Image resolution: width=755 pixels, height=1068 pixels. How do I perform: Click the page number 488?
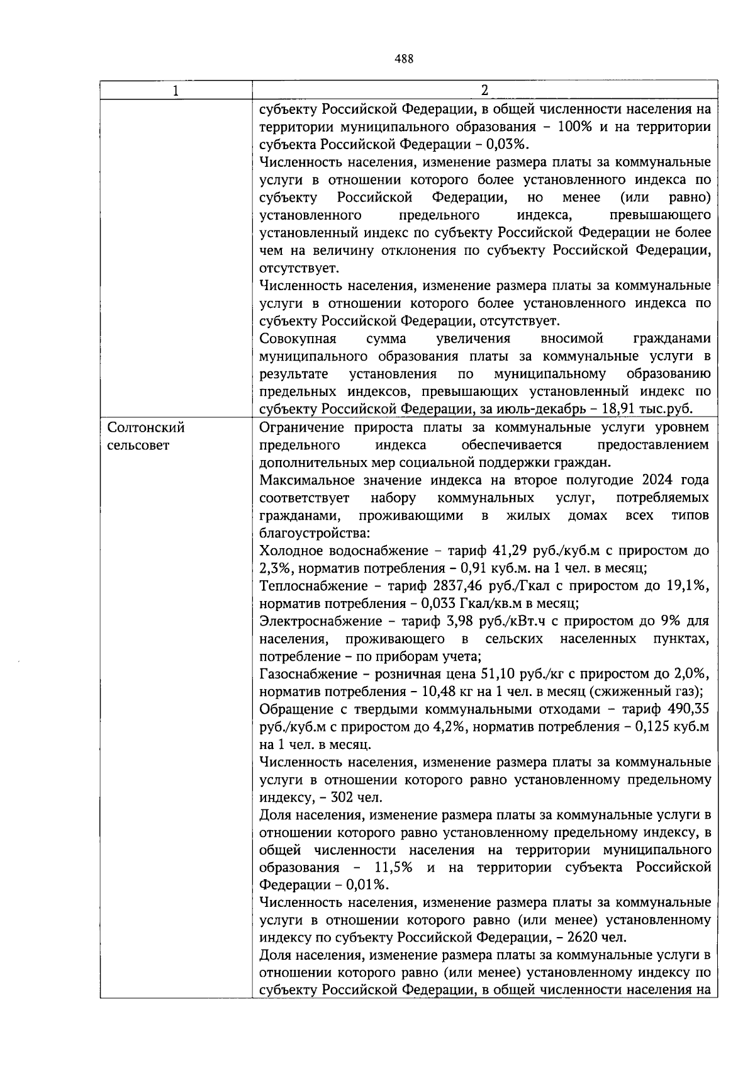coord(404,59)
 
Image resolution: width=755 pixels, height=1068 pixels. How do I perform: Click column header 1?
coord(176,91)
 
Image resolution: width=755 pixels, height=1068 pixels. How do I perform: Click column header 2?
coord(484,90)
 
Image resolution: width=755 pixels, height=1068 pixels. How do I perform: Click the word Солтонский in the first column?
coord(146,428)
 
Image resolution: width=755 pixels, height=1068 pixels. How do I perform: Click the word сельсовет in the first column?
coord(138,446)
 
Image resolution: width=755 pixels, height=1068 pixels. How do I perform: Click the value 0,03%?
coord(507,144)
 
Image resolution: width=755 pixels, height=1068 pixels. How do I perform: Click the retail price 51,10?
coord(498,675)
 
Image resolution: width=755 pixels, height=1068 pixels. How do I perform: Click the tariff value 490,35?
coord(688,710)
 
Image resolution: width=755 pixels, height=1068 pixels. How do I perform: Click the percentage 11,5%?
coord(393,868)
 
